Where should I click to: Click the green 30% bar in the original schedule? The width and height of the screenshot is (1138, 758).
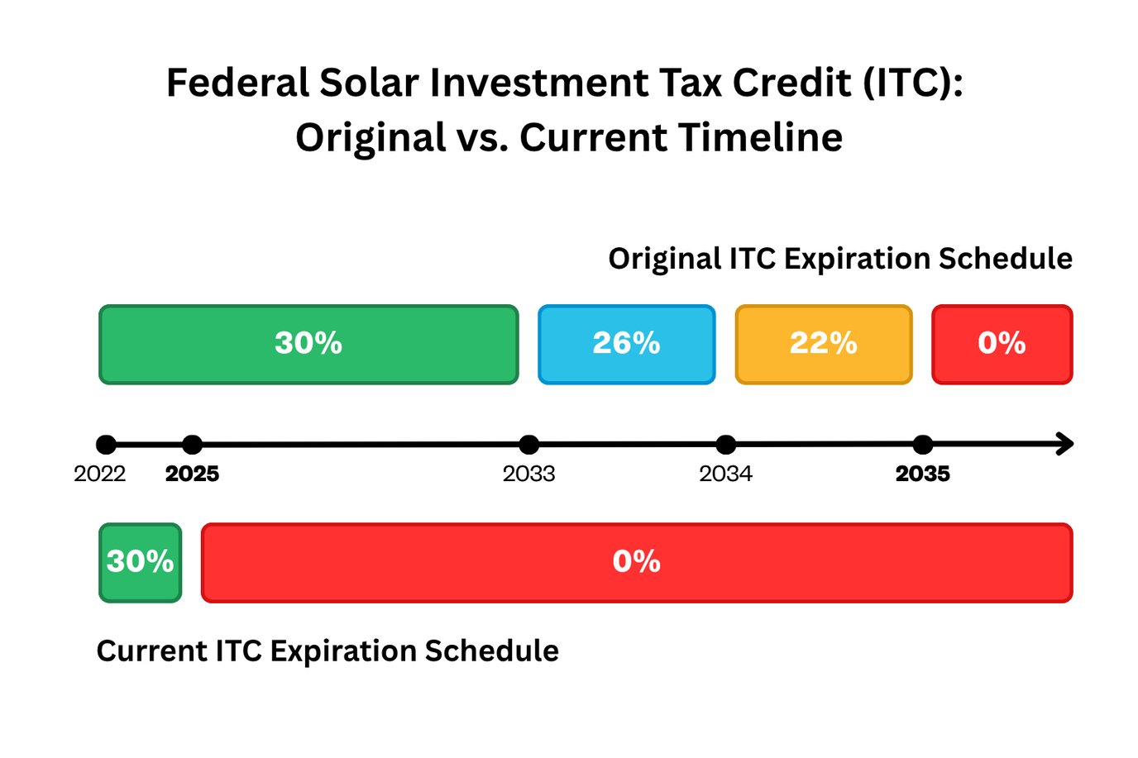point(308,345)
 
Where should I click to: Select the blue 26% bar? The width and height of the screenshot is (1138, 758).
point(626,345)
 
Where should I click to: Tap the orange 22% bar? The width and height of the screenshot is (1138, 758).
point(823,345)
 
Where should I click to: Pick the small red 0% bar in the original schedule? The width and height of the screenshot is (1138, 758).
point(1002,345)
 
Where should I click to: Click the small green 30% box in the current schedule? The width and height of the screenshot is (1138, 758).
point(140,563)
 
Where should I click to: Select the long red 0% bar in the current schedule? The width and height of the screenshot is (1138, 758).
point(636,563)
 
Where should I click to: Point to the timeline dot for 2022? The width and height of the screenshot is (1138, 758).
point(106,445)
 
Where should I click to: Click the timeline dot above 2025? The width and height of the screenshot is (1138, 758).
point(192,445)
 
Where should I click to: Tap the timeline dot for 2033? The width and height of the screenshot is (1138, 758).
point(529,445)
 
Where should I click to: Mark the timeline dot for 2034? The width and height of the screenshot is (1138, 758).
point(726,445)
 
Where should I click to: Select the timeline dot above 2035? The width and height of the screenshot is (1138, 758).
point(923,445)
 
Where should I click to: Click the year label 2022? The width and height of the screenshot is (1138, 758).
point(99,474)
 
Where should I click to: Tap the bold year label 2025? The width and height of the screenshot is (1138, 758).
point(192,474)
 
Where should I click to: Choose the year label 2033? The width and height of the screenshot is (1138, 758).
point(529,474)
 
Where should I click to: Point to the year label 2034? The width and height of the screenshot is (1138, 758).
point(726,474)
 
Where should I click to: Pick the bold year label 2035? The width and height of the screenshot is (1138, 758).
point(923,474)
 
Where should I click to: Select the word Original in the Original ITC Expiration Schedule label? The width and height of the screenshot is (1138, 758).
point(664,260)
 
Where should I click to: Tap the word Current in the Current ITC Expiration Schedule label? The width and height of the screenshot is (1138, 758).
point(151,651)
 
